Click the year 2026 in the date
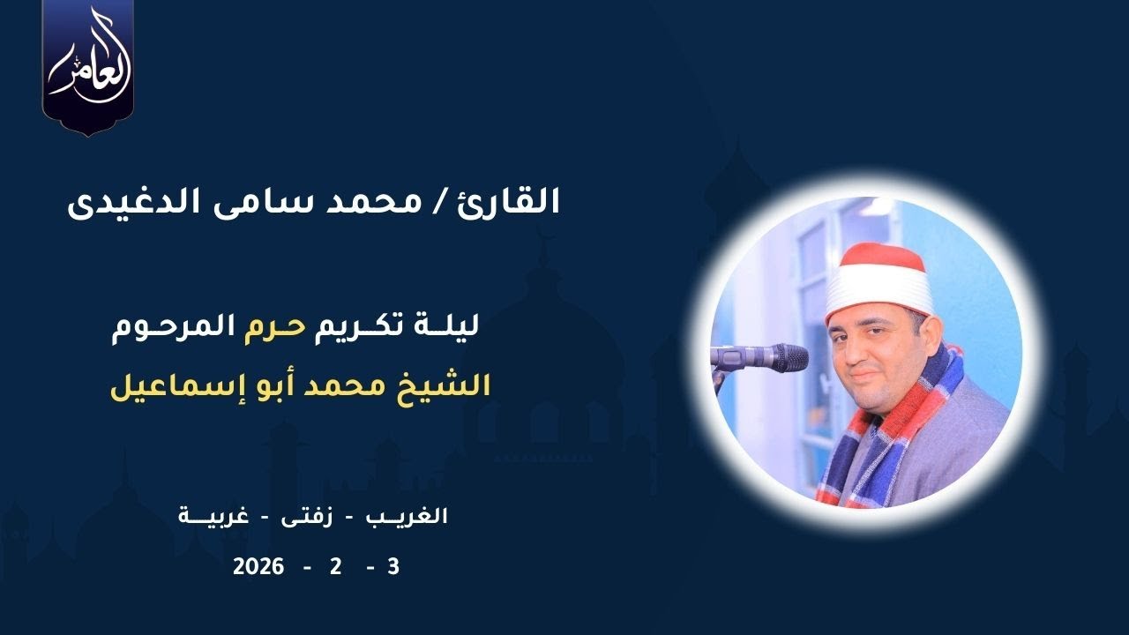coord(258,567)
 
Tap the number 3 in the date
coord(393,567)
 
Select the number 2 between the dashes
coord(335,567)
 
